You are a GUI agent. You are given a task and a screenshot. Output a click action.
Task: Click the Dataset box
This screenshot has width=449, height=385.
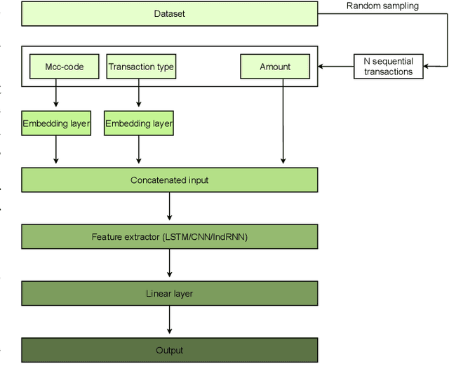pos(169,14)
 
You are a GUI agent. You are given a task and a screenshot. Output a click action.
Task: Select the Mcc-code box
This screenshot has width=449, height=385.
pos(56,67)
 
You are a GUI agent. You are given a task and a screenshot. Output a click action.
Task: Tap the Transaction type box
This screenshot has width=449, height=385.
pos(140,67)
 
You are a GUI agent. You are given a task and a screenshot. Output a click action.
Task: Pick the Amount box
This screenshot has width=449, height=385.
pos(275,67)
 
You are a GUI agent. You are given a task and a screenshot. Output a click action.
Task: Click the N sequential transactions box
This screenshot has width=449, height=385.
pos(388,67)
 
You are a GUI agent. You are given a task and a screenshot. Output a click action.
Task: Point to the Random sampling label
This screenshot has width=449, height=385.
pos(382,6)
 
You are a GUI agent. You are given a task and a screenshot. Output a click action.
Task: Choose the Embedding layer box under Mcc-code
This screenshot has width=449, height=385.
pos(56,124)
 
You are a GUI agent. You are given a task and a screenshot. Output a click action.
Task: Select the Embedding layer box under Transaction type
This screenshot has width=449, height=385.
pos(139,124)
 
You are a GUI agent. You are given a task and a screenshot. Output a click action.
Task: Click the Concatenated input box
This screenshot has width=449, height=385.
pos(169,180)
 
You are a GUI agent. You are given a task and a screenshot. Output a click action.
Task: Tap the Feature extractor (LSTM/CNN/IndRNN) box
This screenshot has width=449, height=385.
pos(169,237)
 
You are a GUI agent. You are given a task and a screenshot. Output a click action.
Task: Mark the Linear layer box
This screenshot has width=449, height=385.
pos(169,293)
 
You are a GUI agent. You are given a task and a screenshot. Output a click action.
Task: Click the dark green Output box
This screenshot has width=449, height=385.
pos(169,350)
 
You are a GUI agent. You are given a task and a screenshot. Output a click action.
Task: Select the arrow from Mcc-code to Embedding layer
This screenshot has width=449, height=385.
pos(56,94)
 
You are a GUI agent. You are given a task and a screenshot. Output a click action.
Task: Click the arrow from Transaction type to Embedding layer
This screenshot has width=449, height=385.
pos(139,94)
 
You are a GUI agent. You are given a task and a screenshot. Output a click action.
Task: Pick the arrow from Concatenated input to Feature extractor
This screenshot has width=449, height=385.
pos(169,208)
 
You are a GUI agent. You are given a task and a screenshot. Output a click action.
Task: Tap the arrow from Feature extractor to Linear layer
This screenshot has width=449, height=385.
pos(169,265)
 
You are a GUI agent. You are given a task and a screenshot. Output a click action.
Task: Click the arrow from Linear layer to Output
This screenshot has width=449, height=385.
pos(169,321)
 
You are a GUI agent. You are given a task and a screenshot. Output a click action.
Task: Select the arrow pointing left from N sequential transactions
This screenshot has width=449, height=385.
pos(335,67)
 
